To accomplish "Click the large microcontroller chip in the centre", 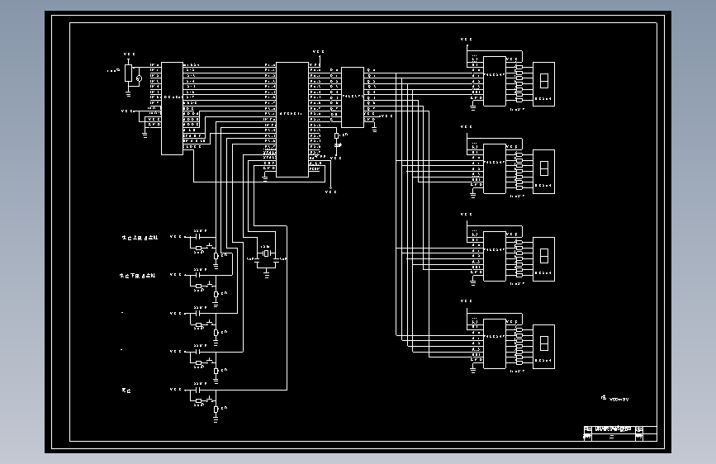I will coord(292,118).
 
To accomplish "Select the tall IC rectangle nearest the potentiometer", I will coord(172,107).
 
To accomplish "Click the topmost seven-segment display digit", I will coord(544,83).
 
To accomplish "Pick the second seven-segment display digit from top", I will coord(544,170).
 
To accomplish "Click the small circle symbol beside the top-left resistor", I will coord(139,79).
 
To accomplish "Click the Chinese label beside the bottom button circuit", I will coord(126,389).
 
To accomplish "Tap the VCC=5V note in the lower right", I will coord(616,398).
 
